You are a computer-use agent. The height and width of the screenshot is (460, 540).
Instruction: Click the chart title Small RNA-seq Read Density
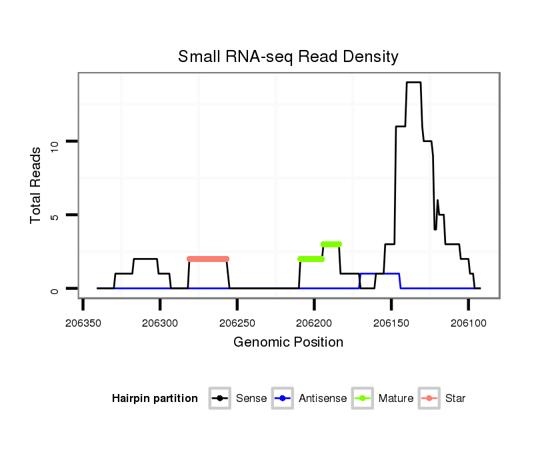point(288,57)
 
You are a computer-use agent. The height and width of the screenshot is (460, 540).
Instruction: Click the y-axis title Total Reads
point(36,185)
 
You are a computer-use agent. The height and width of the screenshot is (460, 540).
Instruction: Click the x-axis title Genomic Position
point(288,343)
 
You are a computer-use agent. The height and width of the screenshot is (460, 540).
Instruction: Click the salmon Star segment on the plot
point(208,259)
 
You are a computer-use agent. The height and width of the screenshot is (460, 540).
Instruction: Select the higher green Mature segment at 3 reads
point(331,244)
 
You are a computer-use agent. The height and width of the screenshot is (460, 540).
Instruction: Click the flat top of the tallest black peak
point(414,82)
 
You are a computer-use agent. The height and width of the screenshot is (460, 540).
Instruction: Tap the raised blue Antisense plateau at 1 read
point(380,273)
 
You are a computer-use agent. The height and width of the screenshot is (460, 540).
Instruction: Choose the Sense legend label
point(251,399)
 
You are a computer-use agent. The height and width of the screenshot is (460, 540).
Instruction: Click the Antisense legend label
point(323,399)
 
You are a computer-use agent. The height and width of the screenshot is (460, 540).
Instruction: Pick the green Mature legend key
point(363,399)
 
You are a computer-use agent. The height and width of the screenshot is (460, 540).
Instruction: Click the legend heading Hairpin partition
point(155,399)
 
